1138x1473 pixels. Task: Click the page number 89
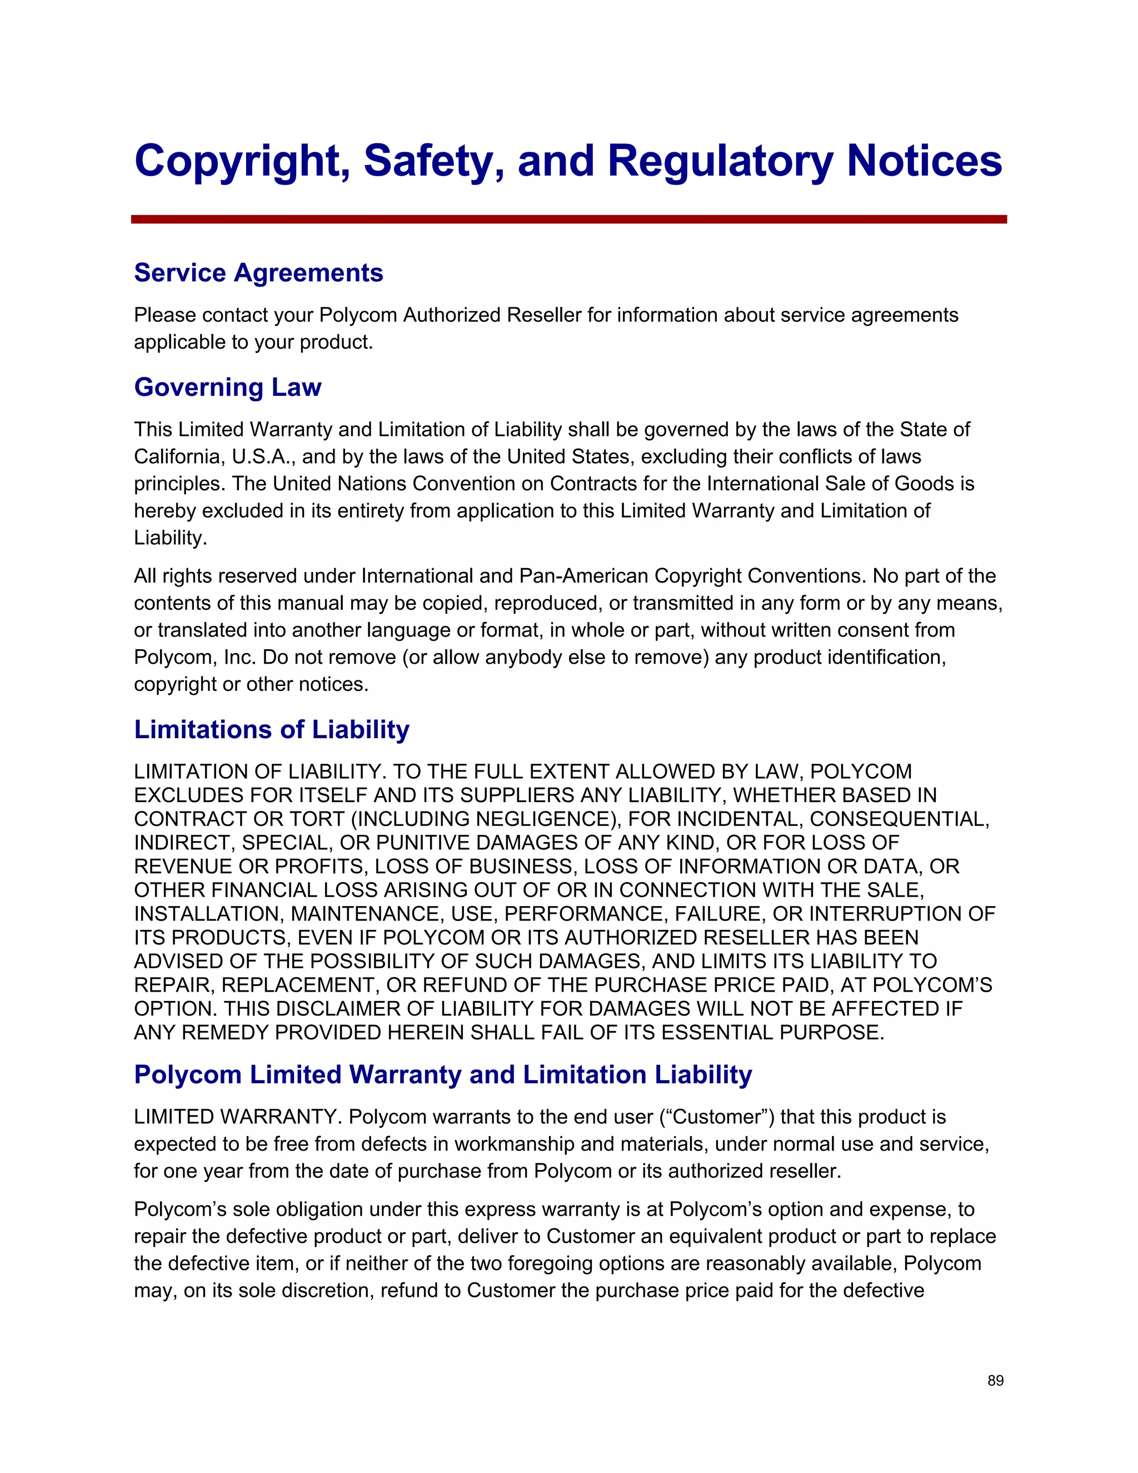tap(995, 1381)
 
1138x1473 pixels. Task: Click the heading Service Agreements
tap(258, 273)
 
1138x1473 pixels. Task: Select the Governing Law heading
tap(227, 387)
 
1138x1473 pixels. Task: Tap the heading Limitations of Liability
tap(271, 730)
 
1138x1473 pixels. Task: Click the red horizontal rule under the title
tap(568, 219)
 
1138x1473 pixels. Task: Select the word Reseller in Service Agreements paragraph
tap(543, 315)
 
